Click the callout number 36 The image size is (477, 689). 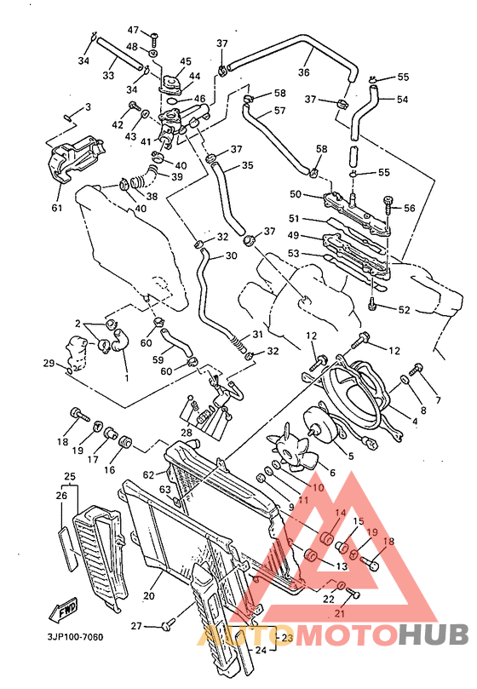point(304,73)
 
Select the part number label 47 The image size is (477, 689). point(134,30)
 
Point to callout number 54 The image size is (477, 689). point(403,100)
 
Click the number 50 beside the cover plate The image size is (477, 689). point(296,194)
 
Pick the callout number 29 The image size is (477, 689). point(49,364)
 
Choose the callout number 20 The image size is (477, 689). point(149,595)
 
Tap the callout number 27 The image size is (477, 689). point(136,627)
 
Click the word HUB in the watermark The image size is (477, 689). point(432,635)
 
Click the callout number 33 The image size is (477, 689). point(108,76)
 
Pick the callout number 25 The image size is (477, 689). point(70,476)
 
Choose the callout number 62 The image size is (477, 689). point(148,474)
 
